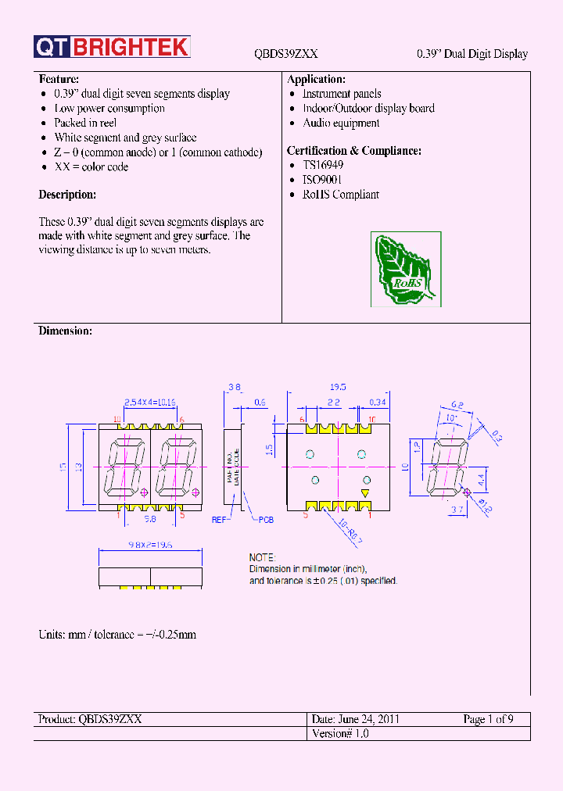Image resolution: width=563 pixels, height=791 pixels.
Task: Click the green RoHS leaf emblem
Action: tap(405, 270)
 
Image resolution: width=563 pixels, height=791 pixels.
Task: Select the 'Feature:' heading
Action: tap(59, 80)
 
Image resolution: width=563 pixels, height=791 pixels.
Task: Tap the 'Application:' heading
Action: tap(316, 80)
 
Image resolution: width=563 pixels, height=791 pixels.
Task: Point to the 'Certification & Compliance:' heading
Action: tap(354, 151)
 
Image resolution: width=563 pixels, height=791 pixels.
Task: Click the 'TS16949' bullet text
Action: tap(323, 166)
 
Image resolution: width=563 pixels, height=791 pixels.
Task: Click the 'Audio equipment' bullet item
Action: tap(341, 123)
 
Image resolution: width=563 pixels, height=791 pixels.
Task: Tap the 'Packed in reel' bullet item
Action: tap(85, 123)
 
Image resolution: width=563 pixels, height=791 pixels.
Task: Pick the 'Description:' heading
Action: tap(67, 195)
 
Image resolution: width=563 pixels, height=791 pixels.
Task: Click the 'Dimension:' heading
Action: tap(65, 331)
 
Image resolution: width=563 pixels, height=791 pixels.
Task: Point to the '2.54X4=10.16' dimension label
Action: tap(150, 402)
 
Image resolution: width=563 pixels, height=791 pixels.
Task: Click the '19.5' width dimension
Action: tap(338, 387)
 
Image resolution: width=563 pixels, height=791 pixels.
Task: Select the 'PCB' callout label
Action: tap(267, 520)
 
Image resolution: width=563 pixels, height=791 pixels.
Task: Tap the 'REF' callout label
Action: tap(218, 520)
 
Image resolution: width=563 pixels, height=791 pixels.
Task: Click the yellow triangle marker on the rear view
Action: tap(364, 492)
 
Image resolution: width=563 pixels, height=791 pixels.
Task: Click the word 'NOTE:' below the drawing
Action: tap(262, 558)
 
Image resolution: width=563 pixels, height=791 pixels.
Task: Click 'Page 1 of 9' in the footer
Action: tap(488, 719)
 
